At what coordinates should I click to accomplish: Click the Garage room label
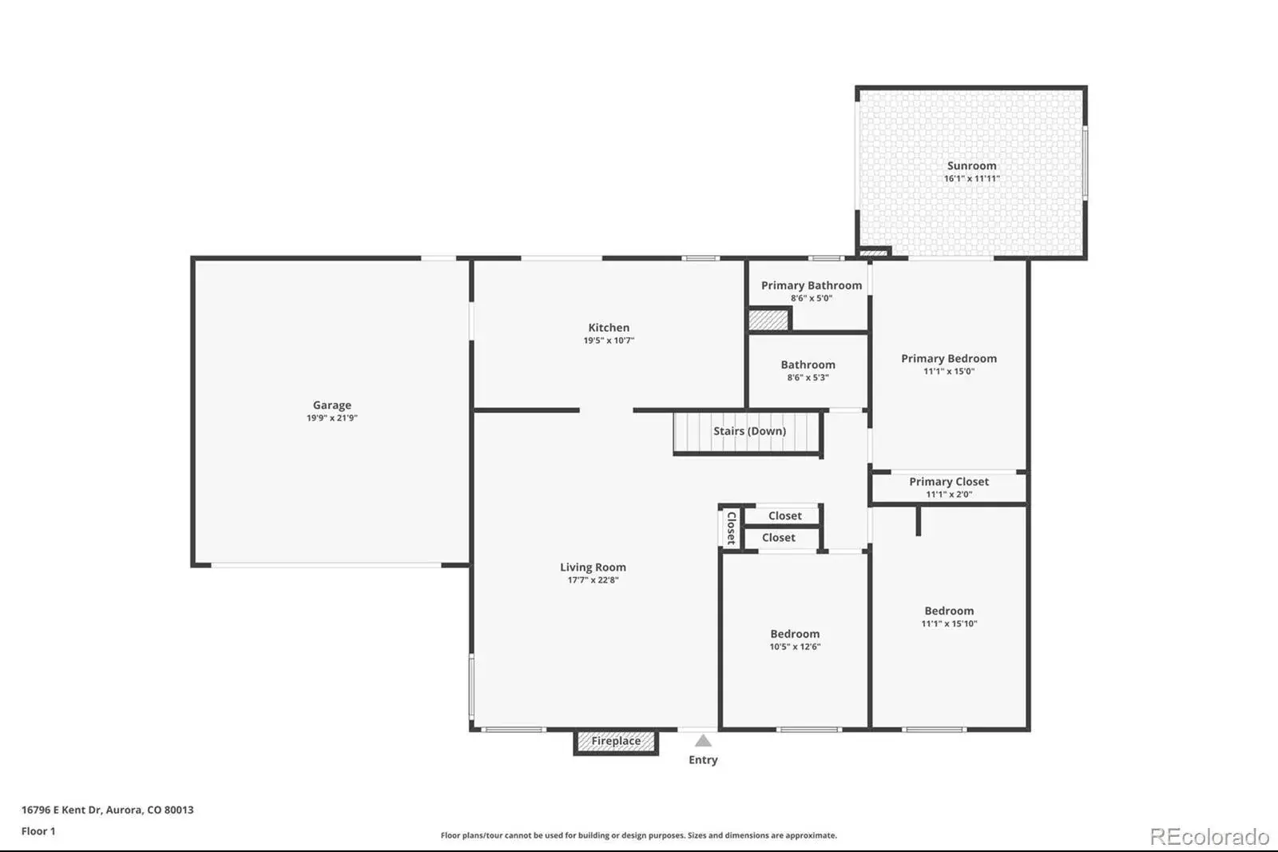coord(331,405)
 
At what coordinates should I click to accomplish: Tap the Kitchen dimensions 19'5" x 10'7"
coord(609,340)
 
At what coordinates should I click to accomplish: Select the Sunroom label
coord(971,165)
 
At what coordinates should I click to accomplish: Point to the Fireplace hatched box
coord(616,742)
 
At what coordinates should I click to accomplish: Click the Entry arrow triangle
coord(703,741)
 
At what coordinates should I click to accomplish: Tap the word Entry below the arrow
coord(703,759)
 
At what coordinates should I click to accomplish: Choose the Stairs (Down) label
coord(750,431)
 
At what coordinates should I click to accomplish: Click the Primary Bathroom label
coord(812,285)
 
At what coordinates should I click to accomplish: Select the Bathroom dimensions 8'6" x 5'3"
coord(808,377)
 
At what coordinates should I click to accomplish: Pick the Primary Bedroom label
coord(949,358)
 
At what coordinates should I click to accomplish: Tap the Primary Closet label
coord(949,481)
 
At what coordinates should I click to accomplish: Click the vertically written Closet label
coord(731,528)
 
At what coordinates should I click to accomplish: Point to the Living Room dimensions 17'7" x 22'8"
coord(593,580)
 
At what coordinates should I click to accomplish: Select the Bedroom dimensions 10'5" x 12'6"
coord(795,647)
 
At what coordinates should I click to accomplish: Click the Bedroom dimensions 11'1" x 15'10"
coord(949,623)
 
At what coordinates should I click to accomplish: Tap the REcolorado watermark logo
coord(1209,837)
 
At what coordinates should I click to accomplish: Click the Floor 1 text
coord(38,831)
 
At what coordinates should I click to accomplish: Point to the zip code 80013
coord(179,810)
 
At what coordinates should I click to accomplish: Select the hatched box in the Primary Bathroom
coord(768,320)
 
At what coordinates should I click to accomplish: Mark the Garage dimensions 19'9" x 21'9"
coord(331,418)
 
